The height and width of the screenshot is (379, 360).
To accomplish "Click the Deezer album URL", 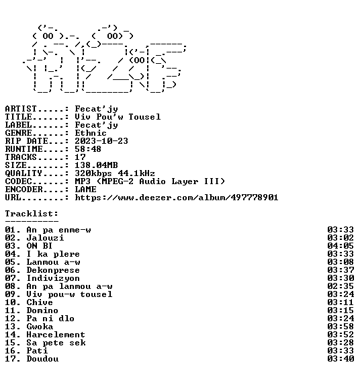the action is pyautogui.click(x=177, y=198).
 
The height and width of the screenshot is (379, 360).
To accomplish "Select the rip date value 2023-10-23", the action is pyautogui.click(x=101, y=141).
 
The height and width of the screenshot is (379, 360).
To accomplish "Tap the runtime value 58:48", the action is pyautogui.click(x=88, y=149).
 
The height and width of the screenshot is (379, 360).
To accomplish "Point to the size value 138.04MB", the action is pyautogui.click(x=96, y=165).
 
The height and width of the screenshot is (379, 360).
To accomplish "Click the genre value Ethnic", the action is pyautogui.click(x=91, y=133).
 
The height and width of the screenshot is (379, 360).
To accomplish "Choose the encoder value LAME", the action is pyautogui.click(x=85, y=189).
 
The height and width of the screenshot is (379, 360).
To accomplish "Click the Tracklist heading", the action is pyautogui.click(x=32, y=214).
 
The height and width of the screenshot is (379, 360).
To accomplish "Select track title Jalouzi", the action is pyautogui.click(x=45, y=238).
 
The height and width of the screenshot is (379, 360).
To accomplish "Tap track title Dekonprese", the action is pyautogui.click(x=53, y=270).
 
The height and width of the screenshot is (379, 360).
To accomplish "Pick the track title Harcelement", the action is pyautogui.click(x=56, y=335).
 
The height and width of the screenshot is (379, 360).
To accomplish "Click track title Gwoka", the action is pyautogui.click(x=40, y=327).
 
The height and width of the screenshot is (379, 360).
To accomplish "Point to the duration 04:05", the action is pyautogui.click(x=341, y=246).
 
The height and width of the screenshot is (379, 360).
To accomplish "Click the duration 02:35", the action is pyautogui.click(x=341, y=286).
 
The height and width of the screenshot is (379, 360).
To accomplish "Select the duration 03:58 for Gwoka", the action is pyautogui.click(x=341, y=327).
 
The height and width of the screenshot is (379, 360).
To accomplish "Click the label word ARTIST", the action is pyautogui.click(x=21, y=109).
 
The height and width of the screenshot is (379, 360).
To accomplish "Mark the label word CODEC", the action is pyautogui.click(x=18, y=181).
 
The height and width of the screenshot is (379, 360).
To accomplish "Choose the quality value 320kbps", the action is pyautogui.click(x=93, y=173).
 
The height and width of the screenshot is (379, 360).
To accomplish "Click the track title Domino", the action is pyautogui.click(x=42, y=310).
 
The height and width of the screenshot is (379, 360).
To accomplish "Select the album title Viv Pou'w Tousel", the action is pyautogui.click(x=118, y=117).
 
